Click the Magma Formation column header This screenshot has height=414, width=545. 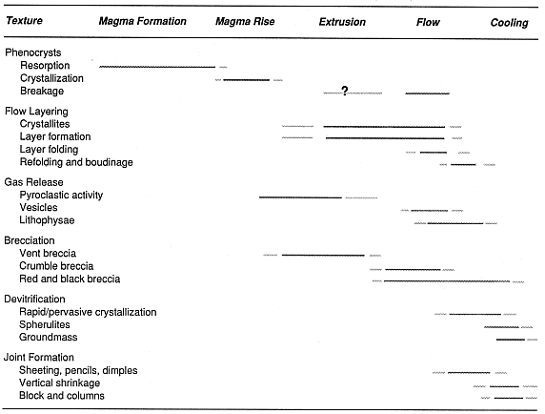click(x=143, y=21)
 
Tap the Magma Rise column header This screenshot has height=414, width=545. click(x=245, y=22)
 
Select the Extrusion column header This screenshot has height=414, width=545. click(x=342, y=22)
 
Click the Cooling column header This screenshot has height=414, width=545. click(x=509, y=23)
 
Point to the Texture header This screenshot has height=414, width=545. click(x=25, y=21)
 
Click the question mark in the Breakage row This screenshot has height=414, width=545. click(x=345, y=91)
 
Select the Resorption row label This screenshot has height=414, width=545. click(x=45, y=66)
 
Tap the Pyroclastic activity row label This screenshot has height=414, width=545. click(x=61, y=196)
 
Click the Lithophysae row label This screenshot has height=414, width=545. click(x=47, y=220)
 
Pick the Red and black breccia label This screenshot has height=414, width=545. click(x=70, y=279)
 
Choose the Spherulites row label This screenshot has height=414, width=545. click(x=45, y=324)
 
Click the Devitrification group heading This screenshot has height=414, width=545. click(x=34, y=300)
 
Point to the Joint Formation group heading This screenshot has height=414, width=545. click(x=39, y=358)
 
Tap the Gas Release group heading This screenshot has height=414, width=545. click(x=33, y=182)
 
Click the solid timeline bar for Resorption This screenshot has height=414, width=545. click(x=157, y=67)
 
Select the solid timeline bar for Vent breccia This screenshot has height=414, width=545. click(x=323, y=256)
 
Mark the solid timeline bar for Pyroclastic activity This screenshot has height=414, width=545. click(x=301, y=197)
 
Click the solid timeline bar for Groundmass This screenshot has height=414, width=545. click(x=511, y=340)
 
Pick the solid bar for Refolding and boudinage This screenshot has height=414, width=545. click(x=463, y=164)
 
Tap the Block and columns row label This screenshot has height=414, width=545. click(x=62, y=396)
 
